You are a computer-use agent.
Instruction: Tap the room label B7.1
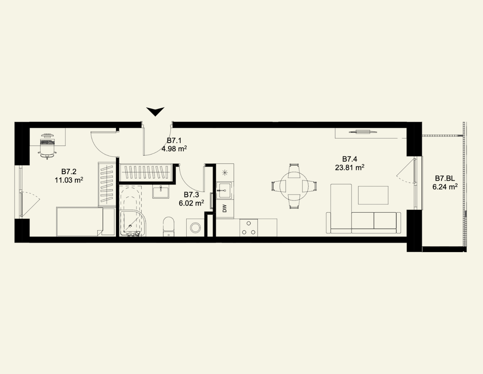[174, 141]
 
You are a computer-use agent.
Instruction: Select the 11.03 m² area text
[69, 180]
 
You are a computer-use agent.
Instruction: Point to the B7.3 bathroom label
[191, 195]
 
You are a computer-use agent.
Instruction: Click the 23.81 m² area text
[349, 167]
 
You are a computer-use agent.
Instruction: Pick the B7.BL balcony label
[445, 178]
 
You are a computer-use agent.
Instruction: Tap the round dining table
[294, 186]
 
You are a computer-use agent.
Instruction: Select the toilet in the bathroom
[169, 226]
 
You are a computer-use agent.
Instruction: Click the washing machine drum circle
[195, 228]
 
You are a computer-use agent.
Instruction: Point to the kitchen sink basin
[224, 190]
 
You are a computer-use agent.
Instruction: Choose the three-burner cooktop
[249, 228]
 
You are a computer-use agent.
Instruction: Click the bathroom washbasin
[161, 191]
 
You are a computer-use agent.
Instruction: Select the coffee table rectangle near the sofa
[373, 195]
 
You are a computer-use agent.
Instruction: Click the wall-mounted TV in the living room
[363, 132]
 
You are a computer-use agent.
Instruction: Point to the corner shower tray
[133, 223]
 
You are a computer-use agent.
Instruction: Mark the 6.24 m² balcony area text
[445, 187]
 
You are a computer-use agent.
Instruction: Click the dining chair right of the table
[310, 186]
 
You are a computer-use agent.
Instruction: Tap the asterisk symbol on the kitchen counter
[225, 172]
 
